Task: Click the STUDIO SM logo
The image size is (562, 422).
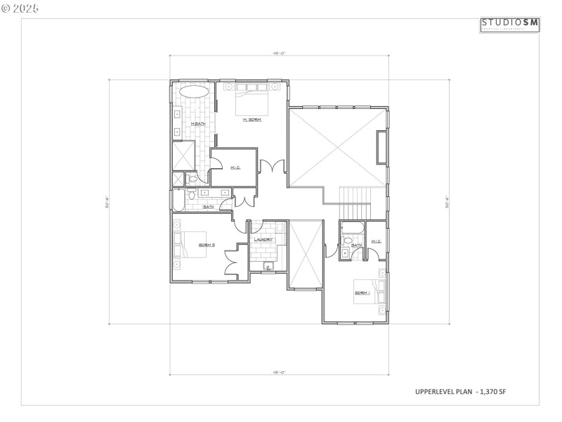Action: [x=510, y=25]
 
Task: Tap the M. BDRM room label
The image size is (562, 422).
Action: [x=252, y=120]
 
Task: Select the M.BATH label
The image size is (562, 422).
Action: [x=198, y=124]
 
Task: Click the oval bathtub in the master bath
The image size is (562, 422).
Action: [x=195, y=92]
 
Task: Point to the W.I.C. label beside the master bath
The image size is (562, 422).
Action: [x=236, y=167]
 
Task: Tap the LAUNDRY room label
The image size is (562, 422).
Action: [x=263, y=240]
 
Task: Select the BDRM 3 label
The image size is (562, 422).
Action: [x=207, y=245]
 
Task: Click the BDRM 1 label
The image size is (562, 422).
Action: [x=362, y=293]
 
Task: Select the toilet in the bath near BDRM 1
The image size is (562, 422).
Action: [x=348, y=241]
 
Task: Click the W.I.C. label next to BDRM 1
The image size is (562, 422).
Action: [x=376, y=242]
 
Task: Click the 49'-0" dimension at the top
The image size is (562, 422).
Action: [x=278, y=52]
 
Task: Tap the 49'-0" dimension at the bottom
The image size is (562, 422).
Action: [x=278, y=371]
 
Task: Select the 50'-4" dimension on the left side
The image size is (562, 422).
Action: [x=106, y=202]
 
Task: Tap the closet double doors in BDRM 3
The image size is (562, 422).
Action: [x=232, y=263]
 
